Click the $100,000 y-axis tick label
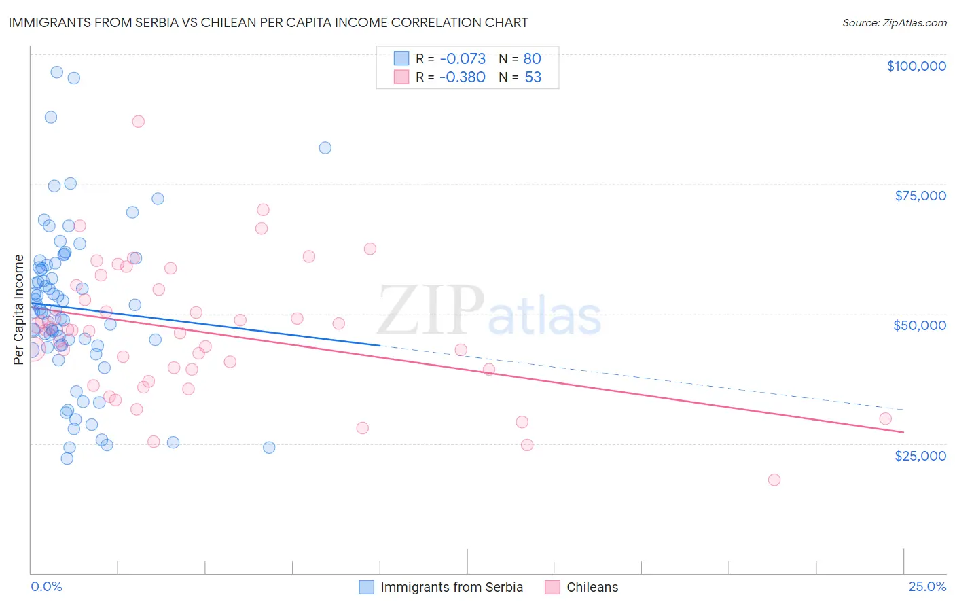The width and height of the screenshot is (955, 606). point(916,66)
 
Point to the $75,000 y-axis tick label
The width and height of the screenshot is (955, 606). point(920,196)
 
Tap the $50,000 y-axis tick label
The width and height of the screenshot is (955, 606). point(920,325)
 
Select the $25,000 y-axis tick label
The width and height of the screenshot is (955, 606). point(920,455)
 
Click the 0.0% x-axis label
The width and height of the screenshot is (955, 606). point(46,586)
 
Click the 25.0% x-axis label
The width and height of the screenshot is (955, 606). point(927,586)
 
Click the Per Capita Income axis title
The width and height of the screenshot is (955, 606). point(19,309)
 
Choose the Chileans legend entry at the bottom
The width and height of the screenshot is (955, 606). point(592,587)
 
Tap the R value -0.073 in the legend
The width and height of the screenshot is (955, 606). point(462,59)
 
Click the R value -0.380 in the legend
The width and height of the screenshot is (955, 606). point(462,77)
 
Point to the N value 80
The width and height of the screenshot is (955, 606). point(532,59)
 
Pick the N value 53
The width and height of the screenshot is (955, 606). point(533,77)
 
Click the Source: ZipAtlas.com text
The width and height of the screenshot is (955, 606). point(894,23)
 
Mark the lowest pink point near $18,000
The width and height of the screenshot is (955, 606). point(774,480)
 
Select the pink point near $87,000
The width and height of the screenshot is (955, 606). point(138,122)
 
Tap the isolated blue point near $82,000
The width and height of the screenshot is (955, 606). point(325,147)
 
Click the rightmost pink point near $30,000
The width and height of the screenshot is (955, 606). point(885,418)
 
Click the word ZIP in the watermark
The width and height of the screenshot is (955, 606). point(431,310)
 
